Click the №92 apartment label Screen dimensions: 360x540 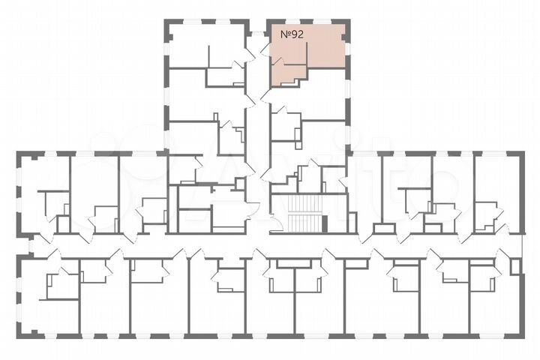coord(292,34)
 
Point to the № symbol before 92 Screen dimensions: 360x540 coord(285,34)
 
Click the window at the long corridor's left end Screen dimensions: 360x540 coord(31,245)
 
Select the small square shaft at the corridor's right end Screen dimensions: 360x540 coord(514,266)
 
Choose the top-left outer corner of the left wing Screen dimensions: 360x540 coord(19,154)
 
